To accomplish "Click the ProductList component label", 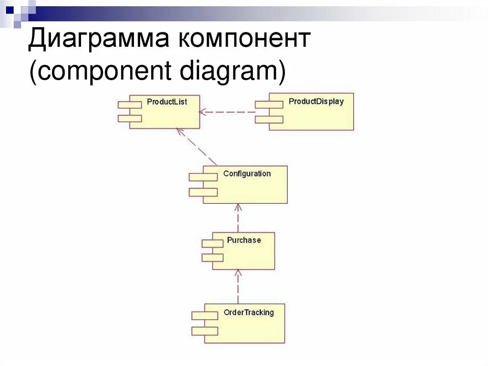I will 167,102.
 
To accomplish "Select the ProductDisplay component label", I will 316,102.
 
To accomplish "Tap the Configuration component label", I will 247,174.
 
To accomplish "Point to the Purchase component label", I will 244,240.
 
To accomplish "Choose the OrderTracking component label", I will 249,313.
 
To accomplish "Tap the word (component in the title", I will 100,72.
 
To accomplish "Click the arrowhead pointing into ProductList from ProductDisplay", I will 203,112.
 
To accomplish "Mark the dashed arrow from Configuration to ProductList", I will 196,146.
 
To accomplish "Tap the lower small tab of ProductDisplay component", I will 269,119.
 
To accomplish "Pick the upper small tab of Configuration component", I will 203,177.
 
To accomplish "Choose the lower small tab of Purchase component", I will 213,258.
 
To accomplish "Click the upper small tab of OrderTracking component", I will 205,316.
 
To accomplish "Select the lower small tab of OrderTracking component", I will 205,331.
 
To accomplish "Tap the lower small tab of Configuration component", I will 203,192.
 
